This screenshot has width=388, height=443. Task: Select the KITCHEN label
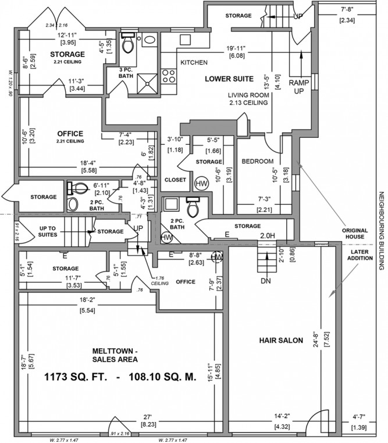tap(194, 62)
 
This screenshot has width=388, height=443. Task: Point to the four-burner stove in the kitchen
tap(169, 75)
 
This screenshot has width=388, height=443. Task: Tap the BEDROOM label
tap(257, 160)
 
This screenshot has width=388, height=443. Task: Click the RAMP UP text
tap(300, 87)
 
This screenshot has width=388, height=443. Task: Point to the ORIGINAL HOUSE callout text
tap(355, 233)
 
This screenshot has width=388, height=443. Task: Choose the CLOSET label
tap(175, 180)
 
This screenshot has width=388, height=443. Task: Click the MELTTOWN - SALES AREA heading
tap(116, 355)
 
